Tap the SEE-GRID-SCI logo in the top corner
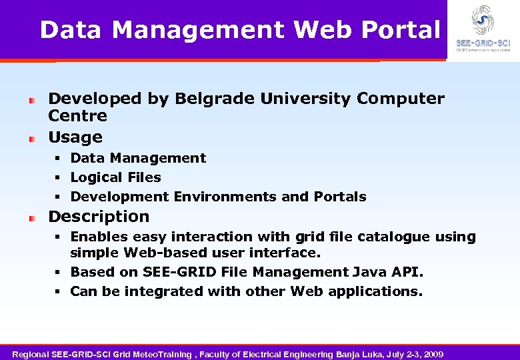(483, 27)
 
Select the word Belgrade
(215, 99)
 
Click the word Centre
(77, 116)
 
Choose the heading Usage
(75, 137)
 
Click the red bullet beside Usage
(31, 139)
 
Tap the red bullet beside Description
(31, 218)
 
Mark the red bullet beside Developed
(31, 101)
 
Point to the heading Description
(99, 217)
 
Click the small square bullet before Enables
(58, 237)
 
